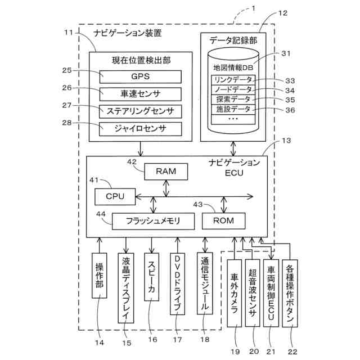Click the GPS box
(141, 76)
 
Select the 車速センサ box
(141, 93)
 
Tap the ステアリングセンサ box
(141, 110)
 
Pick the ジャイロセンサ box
(141, 128)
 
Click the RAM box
(166, 172)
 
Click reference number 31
(286, 53)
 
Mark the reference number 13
(286, 141)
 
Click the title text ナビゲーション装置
(128, 33)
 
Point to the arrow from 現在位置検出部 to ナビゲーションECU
(141, 150)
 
